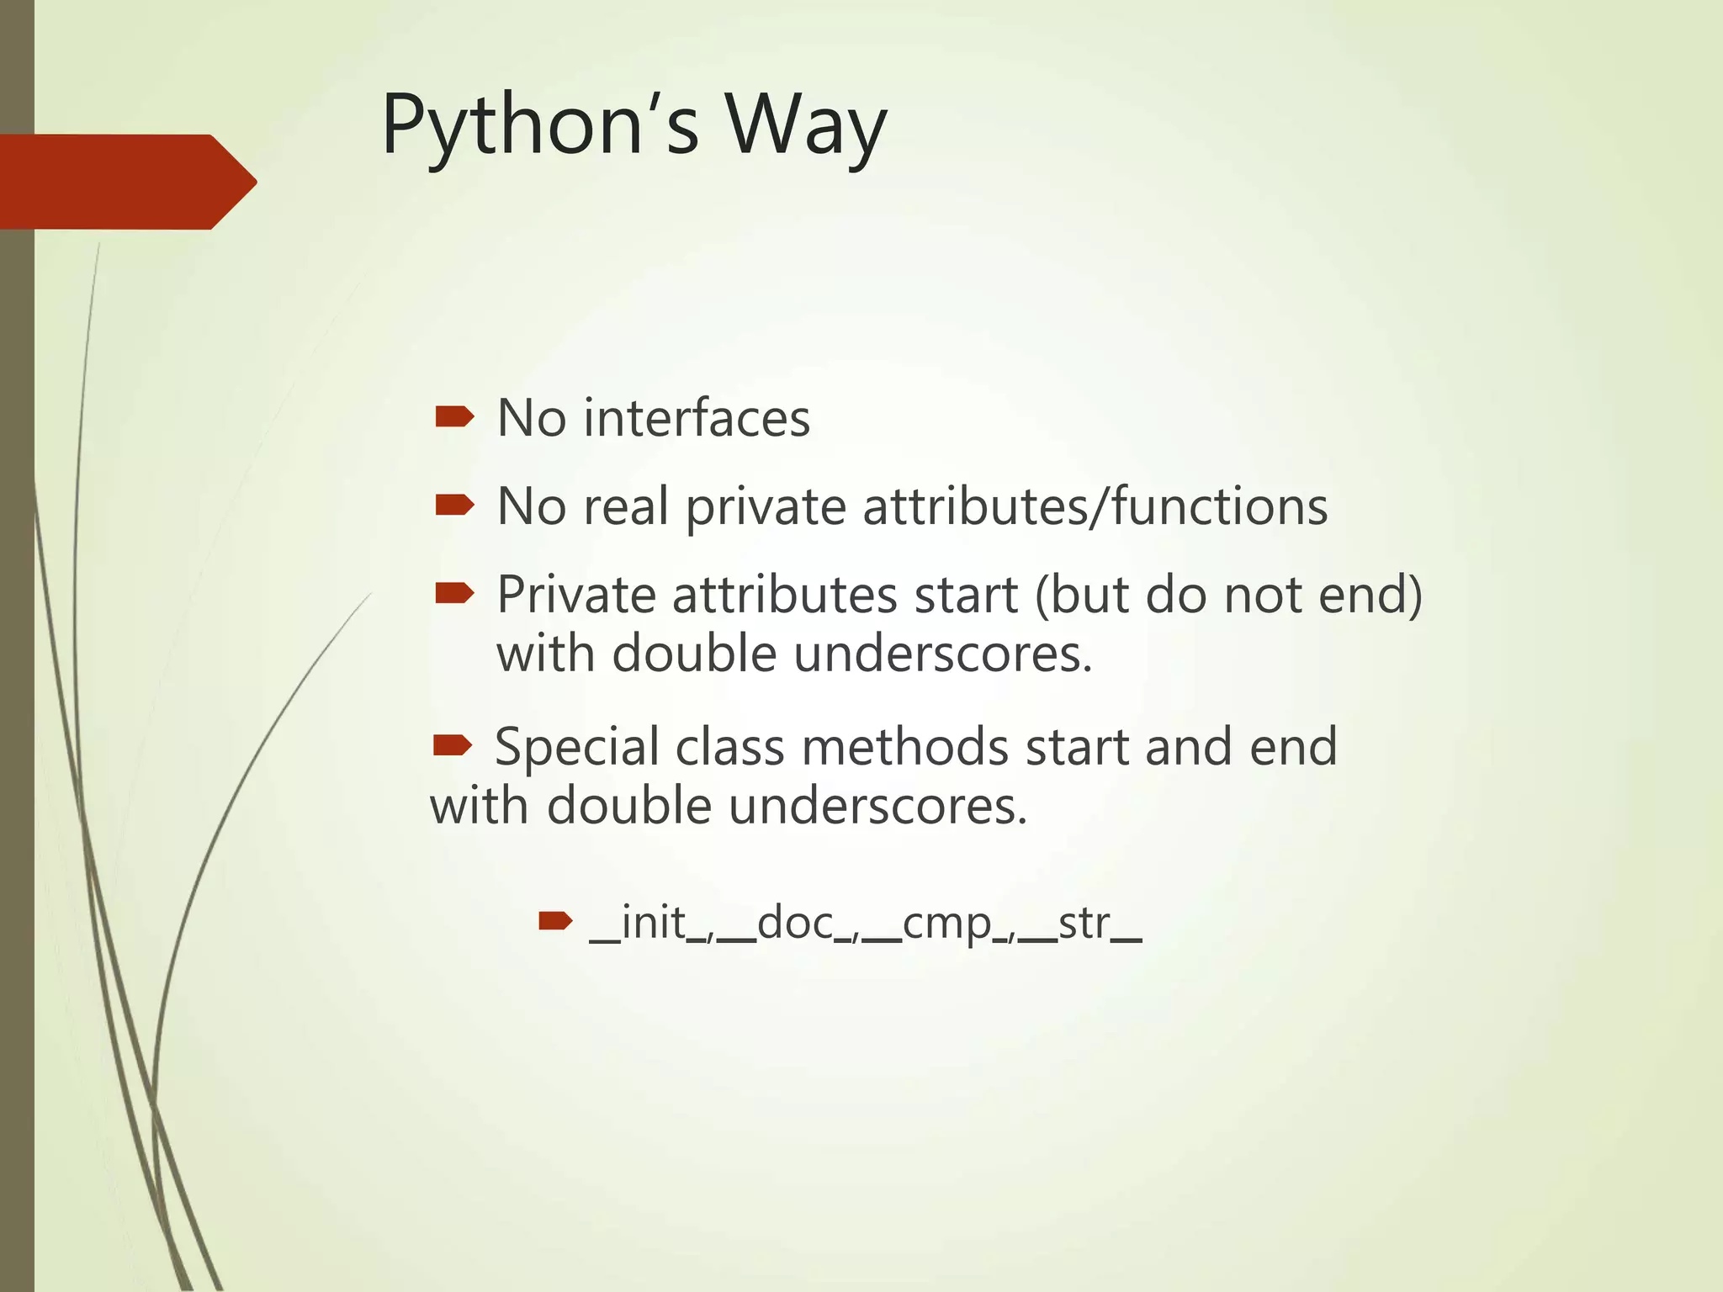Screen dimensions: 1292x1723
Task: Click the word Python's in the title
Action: click(x=539, y=126)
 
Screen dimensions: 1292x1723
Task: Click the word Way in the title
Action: click(x=806, y=126)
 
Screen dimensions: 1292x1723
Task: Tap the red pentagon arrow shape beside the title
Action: click(x=126, y=182)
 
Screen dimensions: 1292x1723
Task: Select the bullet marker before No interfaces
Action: click(x=454, y=416)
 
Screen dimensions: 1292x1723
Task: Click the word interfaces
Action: click(x=696, y=418)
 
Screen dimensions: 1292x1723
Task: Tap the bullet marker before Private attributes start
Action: click(x=454, y=594)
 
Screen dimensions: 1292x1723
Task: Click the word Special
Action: click(x=576, y=747)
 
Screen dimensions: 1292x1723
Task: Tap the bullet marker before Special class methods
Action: click(x=453, y=745)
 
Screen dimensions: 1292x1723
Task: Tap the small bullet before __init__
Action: click(x=555, y=921)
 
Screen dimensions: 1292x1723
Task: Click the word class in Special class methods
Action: click(x=729, y=747)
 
